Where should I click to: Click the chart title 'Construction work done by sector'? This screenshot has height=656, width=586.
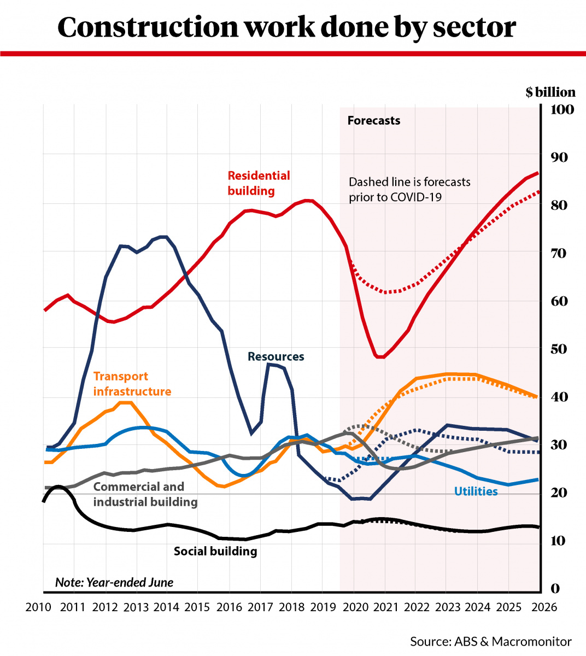(286, 27)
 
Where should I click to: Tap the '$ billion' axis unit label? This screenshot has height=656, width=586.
(550, 92)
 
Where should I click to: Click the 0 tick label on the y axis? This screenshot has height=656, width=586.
(555, 588)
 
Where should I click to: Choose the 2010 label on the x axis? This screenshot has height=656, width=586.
(39, 607)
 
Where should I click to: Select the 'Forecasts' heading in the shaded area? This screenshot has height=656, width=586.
(373, 121)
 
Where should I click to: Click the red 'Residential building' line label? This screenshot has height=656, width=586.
(259, 183)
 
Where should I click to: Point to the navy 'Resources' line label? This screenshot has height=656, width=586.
(276, 356)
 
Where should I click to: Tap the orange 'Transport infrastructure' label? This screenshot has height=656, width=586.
(132, 384)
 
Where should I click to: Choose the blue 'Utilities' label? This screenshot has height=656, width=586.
(476, 491)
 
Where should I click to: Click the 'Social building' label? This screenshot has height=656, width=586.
(215, 551)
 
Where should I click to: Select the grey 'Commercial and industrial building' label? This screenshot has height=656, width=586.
(145, 494)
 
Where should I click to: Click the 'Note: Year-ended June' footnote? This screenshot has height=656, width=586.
(114, 583)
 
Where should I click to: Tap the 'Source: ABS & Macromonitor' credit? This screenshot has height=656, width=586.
(490, 641)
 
